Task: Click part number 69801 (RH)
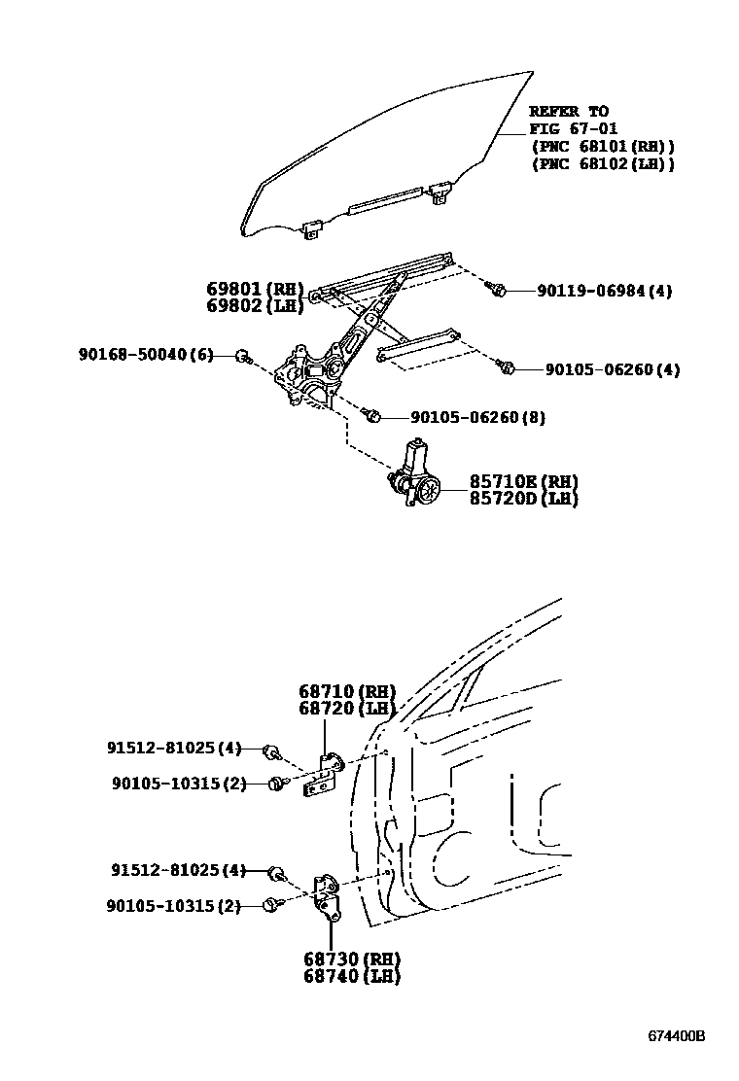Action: click(x=254, y=289)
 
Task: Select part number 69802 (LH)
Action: click(x=254, y=305)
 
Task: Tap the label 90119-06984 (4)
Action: click(x=604, y=291)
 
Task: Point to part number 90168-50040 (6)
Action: click(x=146, y=355)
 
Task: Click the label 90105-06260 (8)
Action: click(x=477, y=417)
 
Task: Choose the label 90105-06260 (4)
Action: click(x=613, y=369)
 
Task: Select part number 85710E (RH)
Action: click(x=524, y=482)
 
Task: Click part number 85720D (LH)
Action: click(x=524, y=499)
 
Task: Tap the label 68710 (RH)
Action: click(x=346, y=691)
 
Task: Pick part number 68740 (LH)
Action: click(x=351, y=976)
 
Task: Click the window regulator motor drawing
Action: click(x=417, y=475)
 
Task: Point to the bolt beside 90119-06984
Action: click(x=498, y=289)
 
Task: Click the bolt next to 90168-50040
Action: click(x=243, y=357)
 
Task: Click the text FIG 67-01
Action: click(x=574, y=128)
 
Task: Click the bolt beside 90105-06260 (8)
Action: click(x=371, y=416)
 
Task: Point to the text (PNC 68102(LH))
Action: click(x=602, y=163)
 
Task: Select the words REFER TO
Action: click(x=569, y=111)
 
